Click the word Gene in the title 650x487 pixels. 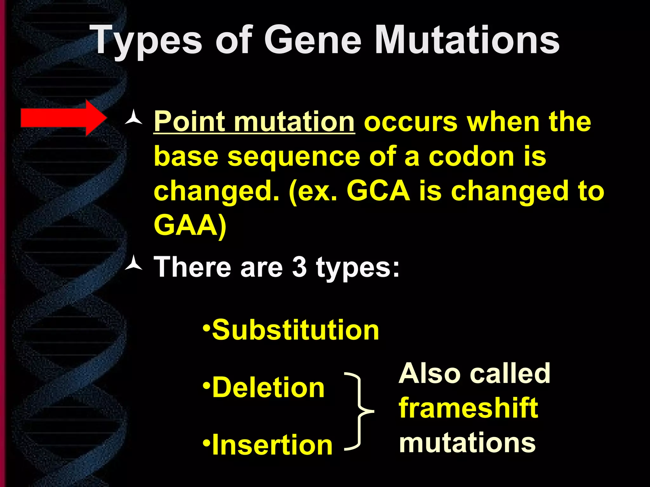(x=313, y=40)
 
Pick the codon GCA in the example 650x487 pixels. (x=378, y=191)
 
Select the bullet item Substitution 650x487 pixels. (x=295, y=330)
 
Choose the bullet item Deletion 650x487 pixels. (x=268, y=387)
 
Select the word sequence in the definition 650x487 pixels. (x=294, y=157)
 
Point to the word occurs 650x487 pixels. (x=411, y=122)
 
